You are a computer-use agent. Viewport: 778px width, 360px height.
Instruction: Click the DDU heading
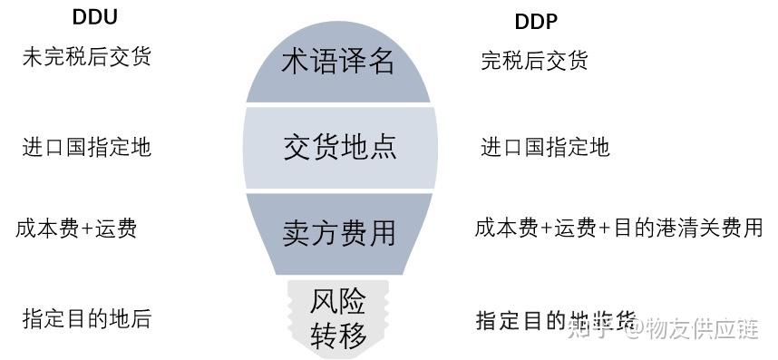[x=94, y=17]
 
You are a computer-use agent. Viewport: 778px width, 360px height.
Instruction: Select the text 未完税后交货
[x=86, y=57]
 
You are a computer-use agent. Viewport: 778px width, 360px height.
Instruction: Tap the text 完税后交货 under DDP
[x=534, y=61]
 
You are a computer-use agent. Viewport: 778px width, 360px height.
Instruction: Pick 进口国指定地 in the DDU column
[x=86, y=147]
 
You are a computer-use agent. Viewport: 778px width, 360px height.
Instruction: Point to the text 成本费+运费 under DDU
[x=76, y=228]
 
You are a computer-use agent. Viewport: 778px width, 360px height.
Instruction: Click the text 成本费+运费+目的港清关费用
[x=618, y=228]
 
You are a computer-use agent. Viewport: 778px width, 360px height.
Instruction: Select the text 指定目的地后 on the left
[x=86, y=318]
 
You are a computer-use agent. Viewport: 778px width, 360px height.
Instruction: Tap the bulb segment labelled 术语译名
[x=339, y=62]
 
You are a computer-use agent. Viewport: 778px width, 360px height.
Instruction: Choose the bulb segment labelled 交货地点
[x=339, y=147]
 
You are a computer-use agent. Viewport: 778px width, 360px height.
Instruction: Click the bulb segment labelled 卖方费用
[x=339, y=232]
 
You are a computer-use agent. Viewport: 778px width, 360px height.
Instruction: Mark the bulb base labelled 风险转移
[x=339, y=317]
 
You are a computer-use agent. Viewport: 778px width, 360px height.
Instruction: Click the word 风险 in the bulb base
[x=339, y=300]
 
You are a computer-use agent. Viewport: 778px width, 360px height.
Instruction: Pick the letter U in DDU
[x=109, y=17]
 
